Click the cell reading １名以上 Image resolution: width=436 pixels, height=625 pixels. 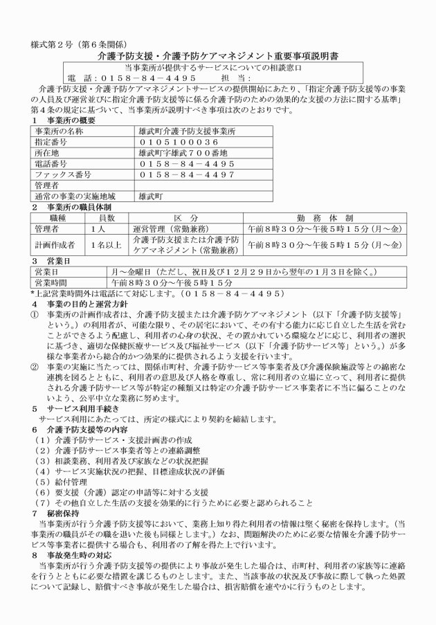pos(107,244)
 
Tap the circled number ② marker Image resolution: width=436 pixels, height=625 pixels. pos(34,361)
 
